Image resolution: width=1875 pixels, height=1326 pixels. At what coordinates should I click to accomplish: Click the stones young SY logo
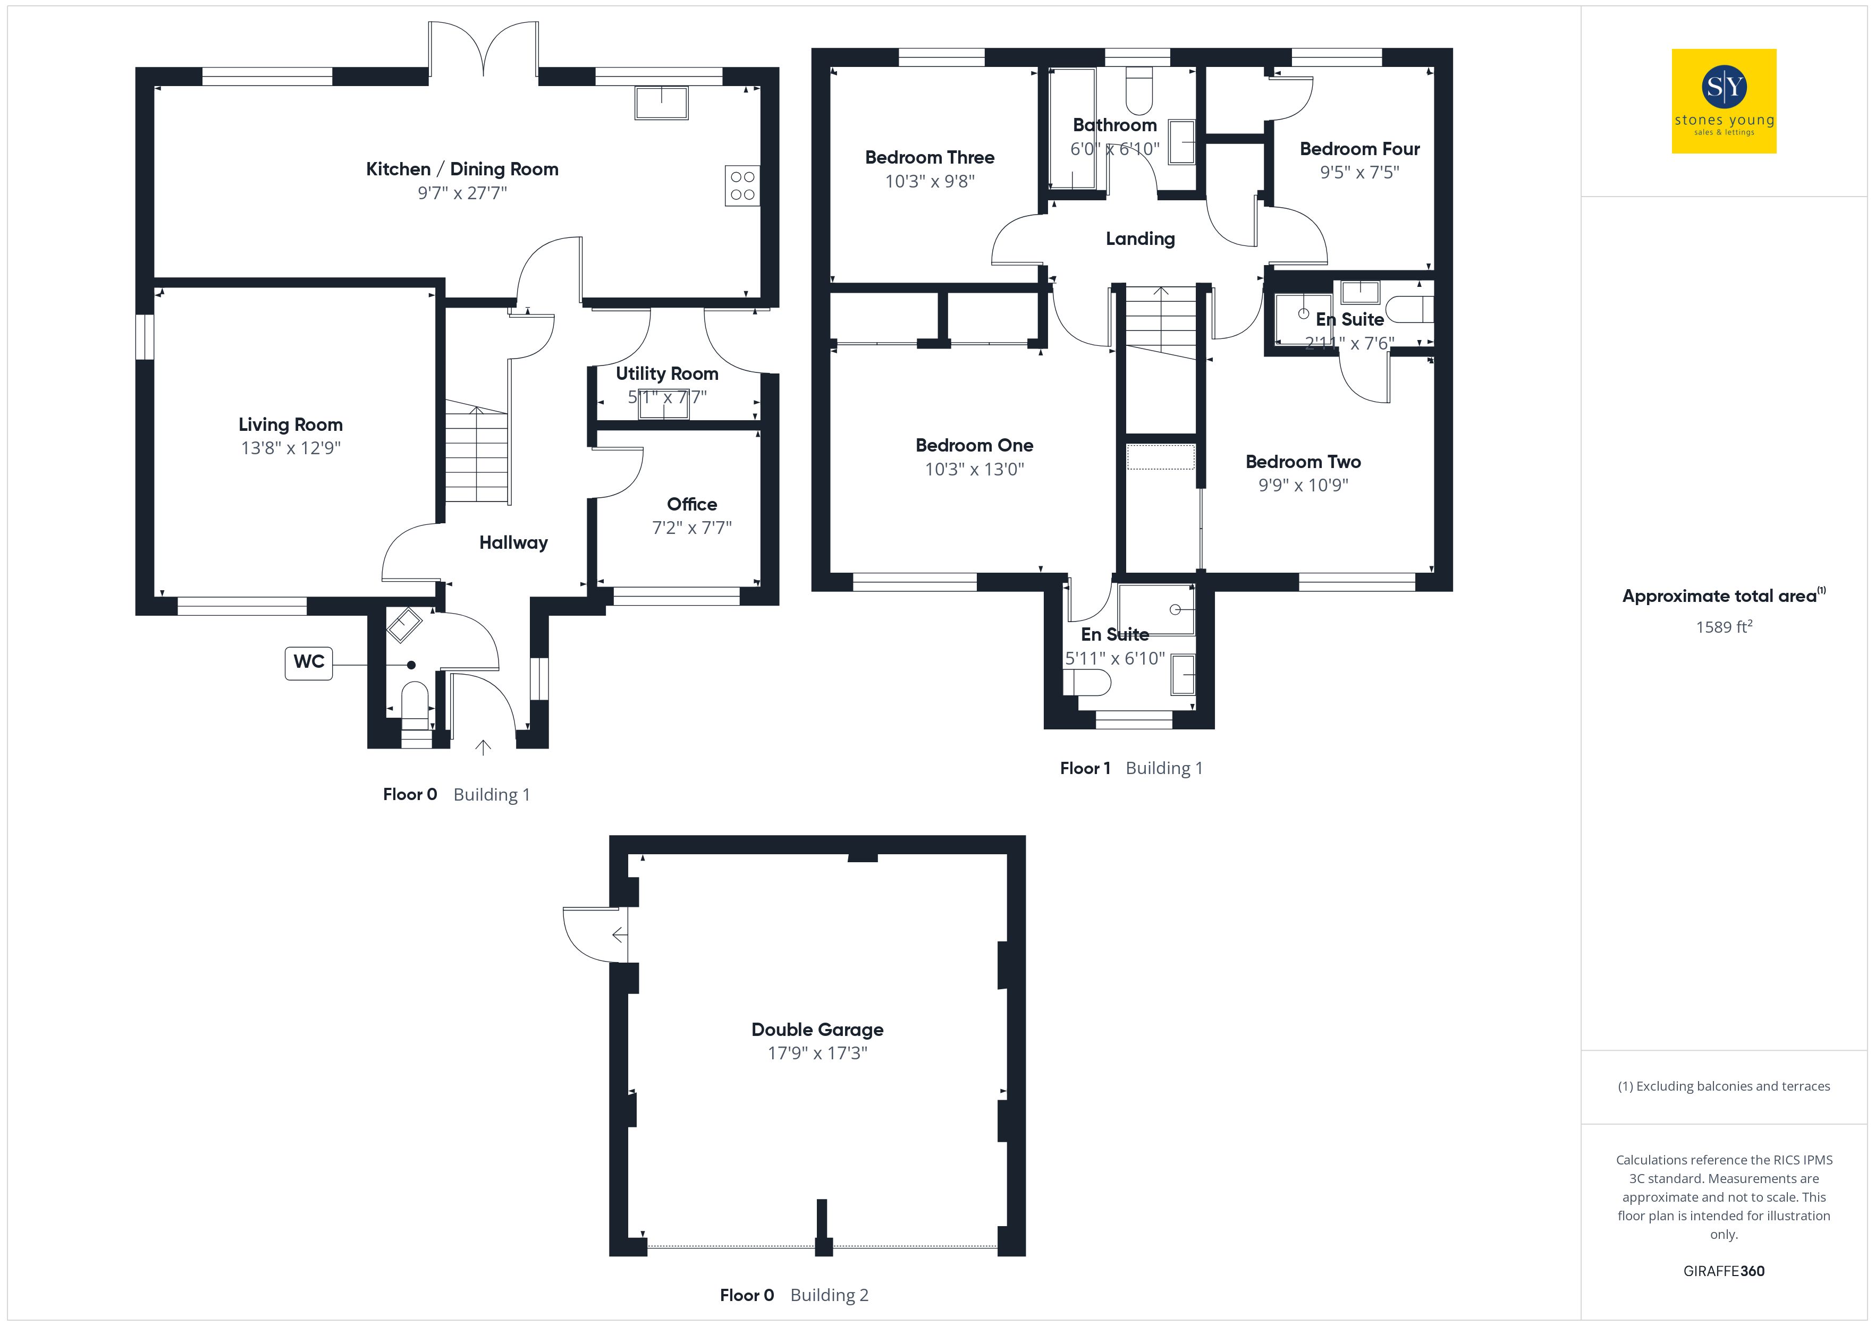point(1724,101)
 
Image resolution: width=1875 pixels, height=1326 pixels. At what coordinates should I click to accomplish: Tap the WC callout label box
point(309,662)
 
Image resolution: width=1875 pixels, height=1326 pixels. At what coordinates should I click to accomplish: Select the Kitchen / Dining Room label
point(462,169)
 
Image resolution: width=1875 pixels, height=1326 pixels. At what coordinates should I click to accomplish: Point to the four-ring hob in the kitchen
point(742,185)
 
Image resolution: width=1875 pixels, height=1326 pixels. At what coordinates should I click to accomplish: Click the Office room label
point(691,505)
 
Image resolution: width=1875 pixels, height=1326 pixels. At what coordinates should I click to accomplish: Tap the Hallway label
point(513,543)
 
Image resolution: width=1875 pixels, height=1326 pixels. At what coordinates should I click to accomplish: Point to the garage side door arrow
point(620,935)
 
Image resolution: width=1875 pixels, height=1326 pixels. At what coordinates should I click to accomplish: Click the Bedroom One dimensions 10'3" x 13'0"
point(974,470)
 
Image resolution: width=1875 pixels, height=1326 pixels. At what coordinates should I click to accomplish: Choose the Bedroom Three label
point(930,158)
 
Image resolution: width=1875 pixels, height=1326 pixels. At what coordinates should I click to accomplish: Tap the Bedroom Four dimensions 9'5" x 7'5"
point(1359,172)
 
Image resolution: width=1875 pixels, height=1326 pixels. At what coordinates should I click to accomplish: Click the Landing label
point(1140,239)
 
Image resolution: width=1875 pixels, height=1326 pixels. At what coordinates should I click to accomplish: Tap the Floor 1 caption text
point(1085,768)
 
